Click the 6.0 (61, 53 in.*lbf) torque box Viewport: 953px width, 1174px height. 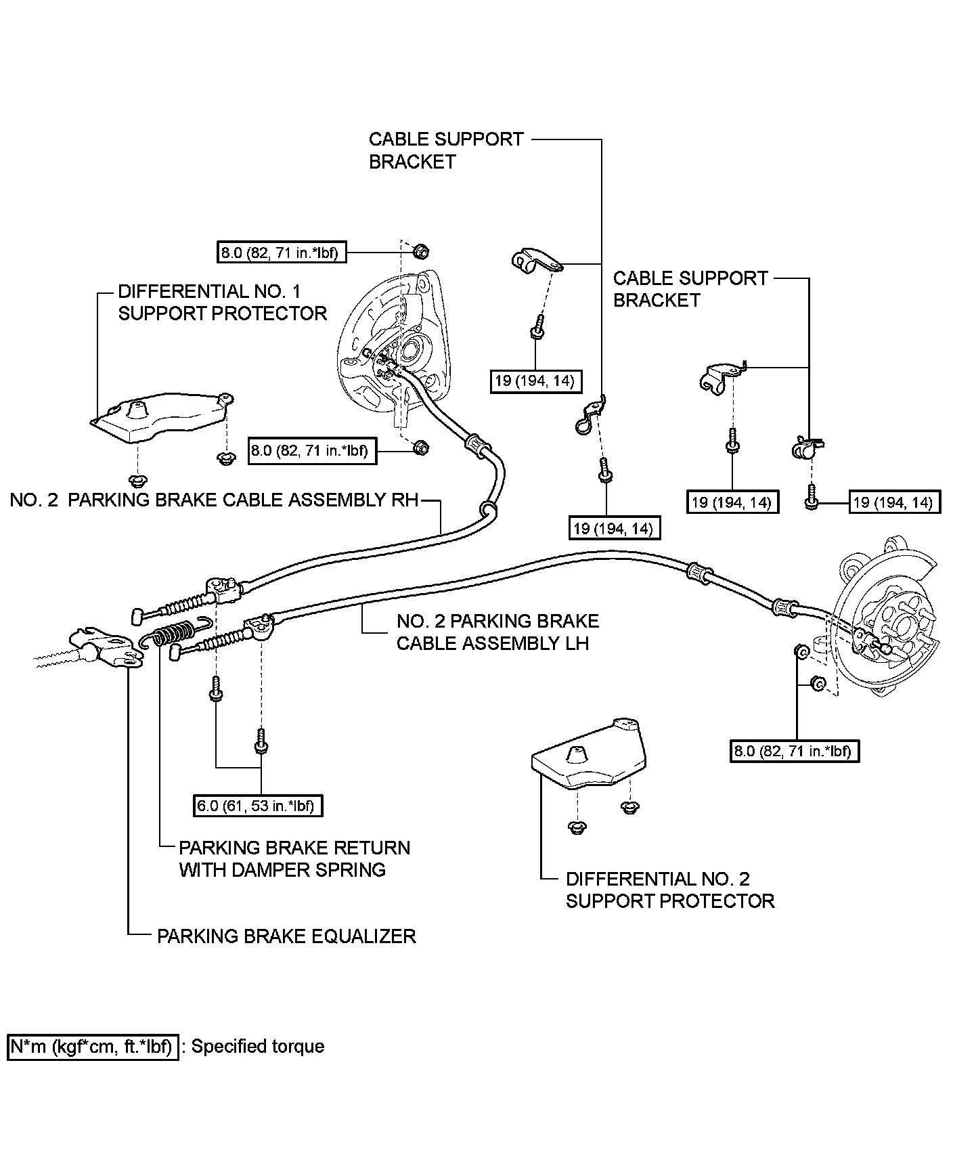[x=258, y=806]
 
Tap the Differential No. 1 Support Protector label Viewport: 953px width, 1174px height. [x=222, y=303]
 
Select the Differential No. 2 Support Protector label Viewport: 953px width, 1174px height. [x=669, y=890]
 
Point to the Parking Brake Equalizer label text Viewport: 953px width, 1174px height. [x=286, y=936]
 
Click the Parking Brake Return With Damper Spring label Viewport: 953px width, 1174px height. [x=294, y=858]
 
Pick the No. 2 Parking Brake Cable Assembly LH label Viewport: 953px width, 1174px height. [x=497, y=632]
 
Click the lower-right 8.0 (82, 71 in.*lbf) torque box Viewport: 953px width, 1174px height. [x=795, y=750]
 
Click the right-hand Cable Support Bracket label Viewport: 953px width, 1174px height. [x=690, y=289]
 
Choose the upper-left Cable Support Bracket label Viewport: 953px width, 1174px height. [x=446, y=150]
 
